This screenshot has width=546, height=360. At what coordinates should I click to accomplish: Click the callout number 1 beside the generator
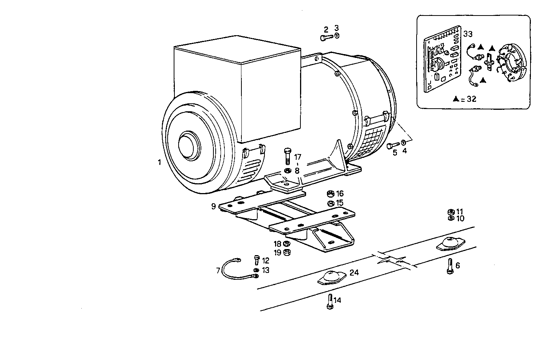tap(159, 162)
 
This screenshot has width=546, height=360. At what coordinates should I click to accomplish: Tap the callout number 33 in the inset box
tap(468, 34)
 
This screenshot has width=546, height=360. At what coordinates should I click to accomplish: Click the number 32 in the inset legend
tap(471, 99)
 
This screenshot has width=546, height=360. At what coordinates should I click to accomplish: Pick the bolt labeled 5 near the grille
tap(392, 145)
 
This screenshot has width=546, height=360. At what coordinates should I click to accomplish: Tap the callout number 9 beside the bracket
tap(213, 206)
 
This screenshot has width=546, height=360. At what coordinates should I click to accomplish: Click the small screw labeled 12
tap(257, 260)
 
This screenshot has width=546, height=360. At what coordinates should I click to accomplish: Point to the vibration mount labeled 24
tap(330, 277)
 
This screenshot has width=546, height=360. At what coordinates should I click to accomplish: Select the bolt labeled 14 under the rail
tap(329, 301)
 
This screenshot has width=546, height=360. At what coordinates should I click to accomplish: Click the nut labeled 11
tap(451, 211)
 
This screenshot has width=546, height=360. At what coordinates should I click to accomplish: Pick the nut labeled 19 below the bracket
tap(287, 252)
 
